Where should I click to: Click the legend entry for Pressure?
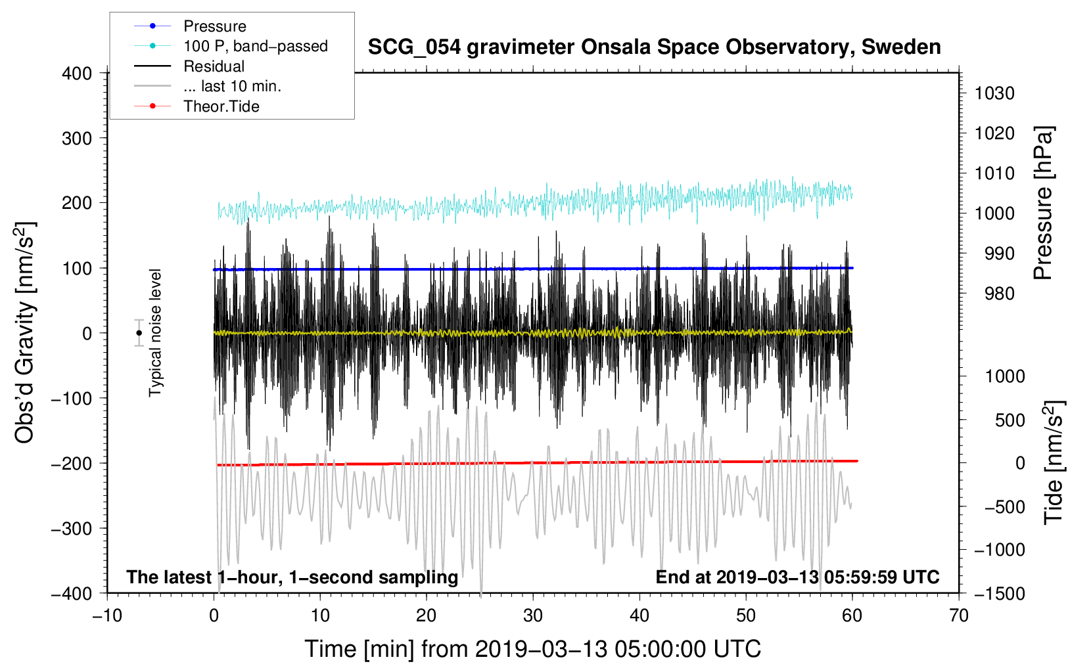(214, 26)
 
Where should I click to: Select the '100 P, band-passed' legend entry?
(255, 46)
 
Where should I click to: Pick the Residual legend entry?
(214, 66)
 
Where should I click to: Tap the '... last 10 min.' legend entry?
(232, 86)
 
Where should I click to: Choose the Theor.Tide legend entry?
(221, 106)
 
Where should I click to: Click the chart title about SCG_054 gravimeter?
(654, 47)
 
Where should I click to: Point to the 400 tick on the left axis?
(78, 73)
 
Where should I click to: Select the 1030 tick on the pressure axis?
(994, 93)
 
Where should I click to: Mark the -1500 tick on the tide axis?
(999, 593)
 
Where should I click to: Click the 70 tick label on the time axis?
(959, 615)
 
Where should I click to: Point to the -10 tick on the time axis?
(107, 615)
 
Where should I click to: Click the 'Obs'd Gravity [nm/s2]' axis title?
(25, 332)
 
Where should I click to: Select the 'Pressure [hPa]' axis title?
(1044, 204)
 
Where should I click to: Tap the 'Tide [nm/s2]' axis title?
(1054, 462)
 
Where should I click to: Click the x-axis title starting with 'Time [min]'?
(532, 649)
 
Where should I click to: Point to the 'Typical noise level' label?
(155, 332)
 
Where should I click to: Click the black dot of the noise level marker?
(139, 333)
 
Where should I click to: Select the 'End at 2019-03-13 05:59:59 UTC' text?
(797, 577)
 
